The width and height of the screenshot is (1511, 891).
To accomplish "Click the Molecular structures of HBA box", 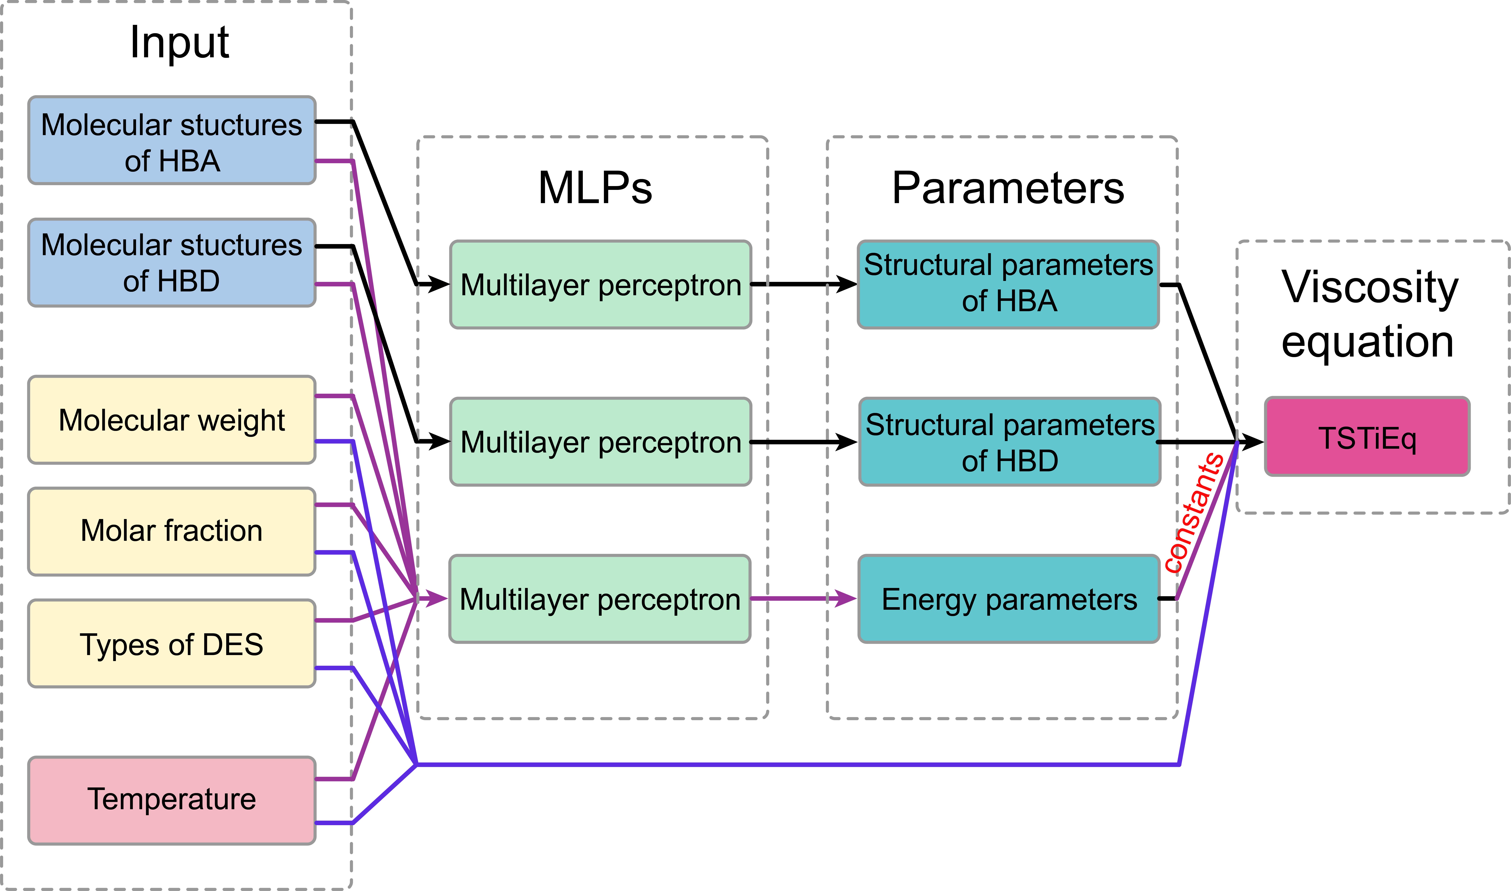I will click(172, 141).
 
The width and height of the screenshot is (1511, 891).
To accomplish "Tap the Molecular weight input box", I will click(172, 420).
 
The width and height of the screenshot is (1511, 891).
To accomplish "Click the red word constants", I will click(1194, 513).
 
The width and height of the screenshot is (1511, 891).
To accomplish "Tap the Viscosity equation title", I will click(1369, 313).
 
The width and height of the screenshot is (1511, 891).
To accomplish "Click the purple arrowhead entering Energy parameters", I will click(847, 599).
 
